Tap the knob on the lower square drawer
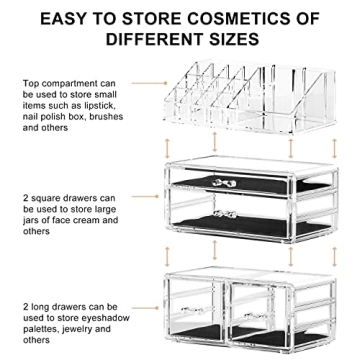tap(226, 217)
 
